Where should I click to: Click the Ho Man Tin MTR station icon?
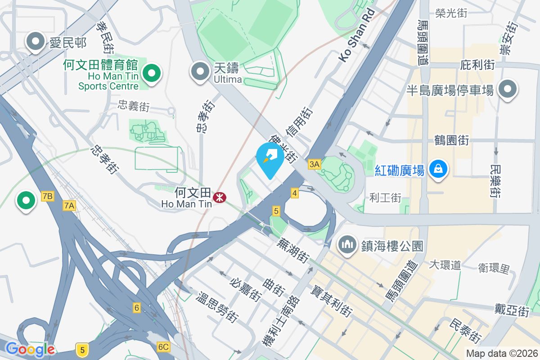(x=220, y=197)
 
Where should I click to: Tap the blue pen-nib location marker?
(x=270, y=158)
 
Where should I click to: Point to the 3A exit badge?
(x=314, y=164)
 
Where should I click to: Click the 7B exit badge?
(x=47, y=196)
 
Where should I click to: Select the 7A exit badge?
(x=69, y=206)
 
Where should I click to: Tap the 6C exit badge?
(x=163, y=346)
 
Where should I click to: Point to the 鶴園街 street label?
(x=452, y=140)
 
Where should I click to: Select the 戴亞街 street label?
(x=511, y=310)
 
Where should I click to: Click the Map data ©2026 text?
(x=502, y=353)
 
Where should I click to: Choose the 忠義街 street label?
(x=134, y=107)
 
